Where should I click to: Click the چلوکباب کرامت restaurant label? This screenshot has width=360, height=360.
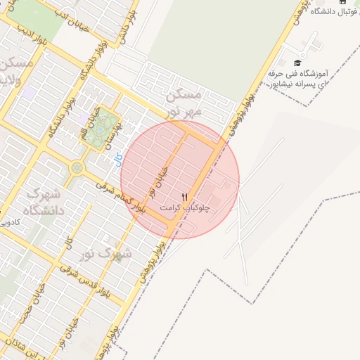click(x=186, y=208)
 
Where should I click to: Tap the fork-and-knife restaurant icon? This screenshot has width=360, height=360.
click(x=185, y=198)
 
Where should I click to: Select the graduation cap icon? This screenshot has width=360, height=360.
click(x=296, y=63)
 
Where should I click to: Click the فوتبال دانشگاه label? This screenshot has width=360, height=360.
click(x=326, y=11)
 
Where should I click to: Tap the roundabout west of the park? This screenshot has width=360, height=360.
click(x=77, y=168)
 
